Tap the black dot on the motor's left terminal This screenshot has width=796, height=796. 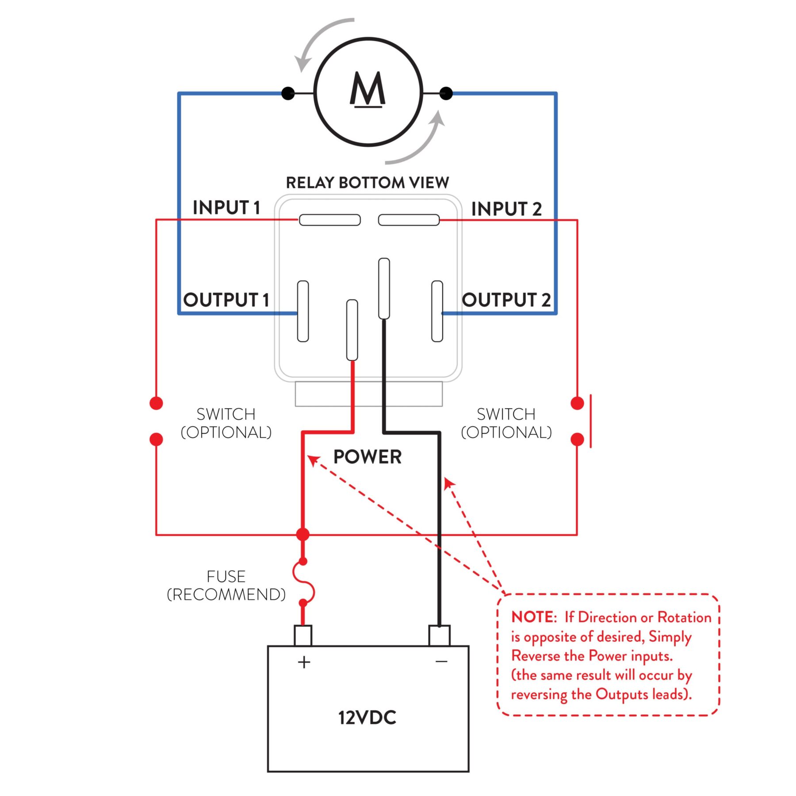[288, 93]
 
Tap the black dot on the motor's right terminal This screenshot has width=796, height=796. [446, 93]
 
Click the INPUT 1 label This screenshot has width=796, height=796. [226, 207]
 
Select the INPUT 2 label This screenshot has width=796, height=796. [506, 209]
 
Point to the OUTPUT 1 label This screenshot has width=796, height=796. [226, 300]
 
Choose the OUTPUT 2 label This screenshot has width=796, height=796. [506, 300]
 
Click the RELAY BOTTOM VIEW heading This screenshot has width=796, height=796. [367, 183]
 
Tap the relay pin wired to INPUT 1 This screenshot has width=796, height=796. [330, 220]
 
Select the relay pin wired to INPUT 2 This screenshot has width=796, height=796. [409, 220]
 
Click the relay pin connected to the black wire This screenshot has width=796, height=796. [384, 288]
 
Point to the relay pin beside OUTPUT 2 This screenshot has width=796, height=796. [437, 311]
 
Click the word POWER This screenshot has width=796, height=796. [367, 457]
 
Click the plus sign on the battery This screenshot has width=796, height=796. [304, 662]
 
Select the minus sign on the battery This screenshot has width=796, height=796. [441, 662]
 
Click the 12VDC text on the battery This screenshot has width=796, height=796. [367, 718]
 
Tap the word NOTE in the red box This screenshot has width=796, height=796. [533, 617]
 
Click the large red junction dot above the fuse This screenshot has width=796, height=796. [303, 534]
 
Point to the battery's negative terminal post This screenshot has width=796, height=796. [440, 635]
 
